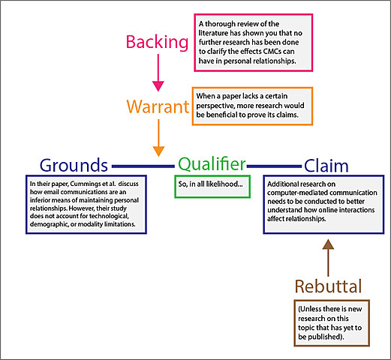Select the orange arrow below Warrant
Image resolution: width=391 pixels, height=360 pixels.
tap(158, 139)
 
